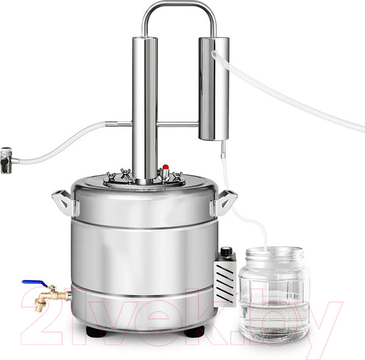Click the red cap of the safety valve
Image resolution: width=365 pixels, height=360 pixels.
(165, 167)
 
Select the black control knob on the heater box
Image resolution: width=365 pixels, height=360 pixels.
(225, 251)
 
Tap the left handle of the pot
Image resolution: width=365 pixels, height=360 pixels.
(63, 202)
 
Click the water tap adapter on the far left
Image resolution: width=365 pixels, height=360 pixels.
(7, 161)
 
